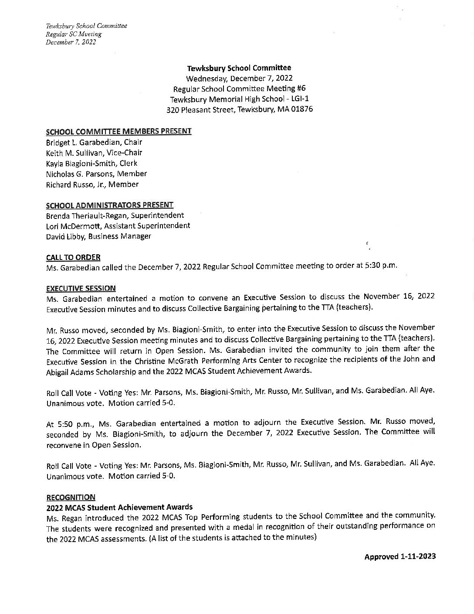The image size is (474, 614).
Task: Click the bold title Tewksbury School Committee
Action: (x=239, y=68)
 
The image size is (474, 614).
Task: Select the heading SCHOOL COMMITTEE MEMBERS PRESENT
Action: (x=118, y=131)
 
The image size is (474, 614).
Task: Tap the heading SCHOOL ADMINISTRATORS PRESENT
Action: (x=110, y=205)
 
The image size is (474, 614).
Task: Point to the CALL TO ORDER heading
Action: (x=73, y=257)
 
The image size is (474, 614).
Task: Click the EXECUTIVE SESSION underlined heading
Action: (x=81, y=288)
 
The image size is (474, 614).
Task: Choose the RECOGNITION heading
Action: (x=71, y=497)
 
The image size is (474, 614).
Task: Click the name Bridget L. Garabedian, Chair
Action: (x=94, y=142)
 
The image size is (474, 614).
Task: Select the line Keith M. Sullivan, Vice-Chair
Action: (x=94, y=153)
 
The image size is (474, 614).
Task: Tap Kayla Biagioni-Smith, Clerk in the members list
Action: (x=91, y=163)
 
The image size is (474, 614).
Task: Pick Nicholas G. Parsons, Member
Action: (x=96, y=174)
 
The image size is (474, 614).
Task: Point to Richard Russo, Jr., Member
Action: (x=92, y=184)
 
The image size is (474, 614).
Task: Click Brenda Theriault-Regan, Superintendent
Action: (x=115, y=215)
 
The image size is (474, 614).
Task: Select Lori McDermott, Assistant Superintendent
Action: (x=118, y=226)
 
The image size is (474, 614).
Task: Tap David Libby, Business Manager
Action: (x=98, y=236)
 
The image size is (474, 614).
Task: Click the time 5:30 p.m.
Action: (x=380, y=266)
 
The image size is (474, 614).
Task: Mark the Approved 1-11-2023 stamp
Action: (x=400, y=556)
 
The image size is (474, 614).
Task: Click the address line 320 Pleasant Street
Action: (x=239, y=109)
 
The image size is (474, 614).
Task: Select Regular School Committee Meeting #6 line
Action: (x=239, y=89)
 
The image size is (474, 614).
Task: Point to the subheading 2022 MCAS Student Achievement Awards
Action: (x=119, y=507)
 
